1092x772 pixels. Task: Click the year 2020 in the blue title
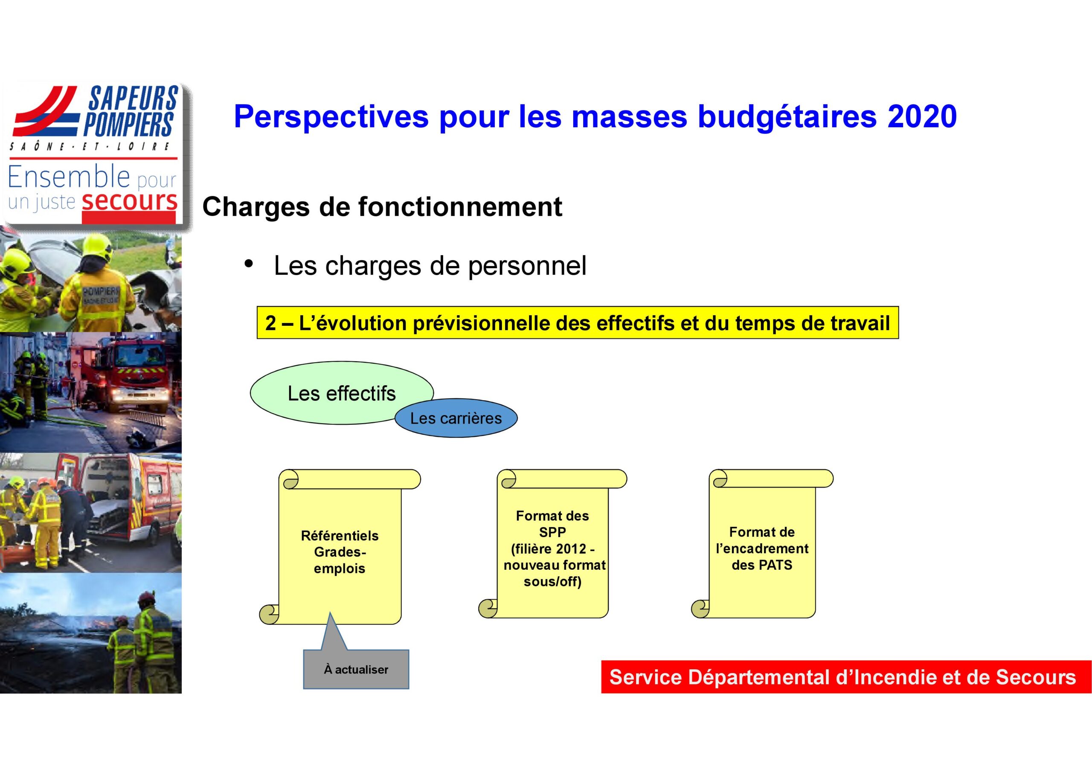pos(922,116)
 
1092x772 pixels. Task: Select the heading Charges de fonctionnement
pos(382,207)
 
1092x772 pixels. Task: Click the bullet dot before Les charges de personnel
pos(248,264)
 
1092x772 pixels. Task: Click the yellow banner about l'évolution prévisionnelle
pos(578,322)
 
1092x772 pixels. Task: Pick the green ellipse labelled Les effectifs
pos(342,393)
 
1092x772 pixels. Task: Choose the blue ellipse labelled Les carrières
pos(456,418)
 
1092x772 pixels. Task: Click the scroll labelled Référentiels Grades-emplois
pos(340,547)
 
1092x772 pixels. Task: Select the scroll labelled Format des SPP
pos(553,544)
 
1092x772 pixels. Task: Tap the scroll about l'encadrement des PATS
pos(762,544)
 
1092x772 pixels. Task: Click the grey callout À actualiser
pos(356,669)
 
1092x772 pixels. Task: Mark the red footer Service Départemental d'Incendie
pos(846,677)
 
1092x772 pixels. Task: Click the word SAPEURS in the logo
pos(133,98)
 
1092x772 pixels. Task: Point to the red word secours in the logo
pos(129,202)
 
